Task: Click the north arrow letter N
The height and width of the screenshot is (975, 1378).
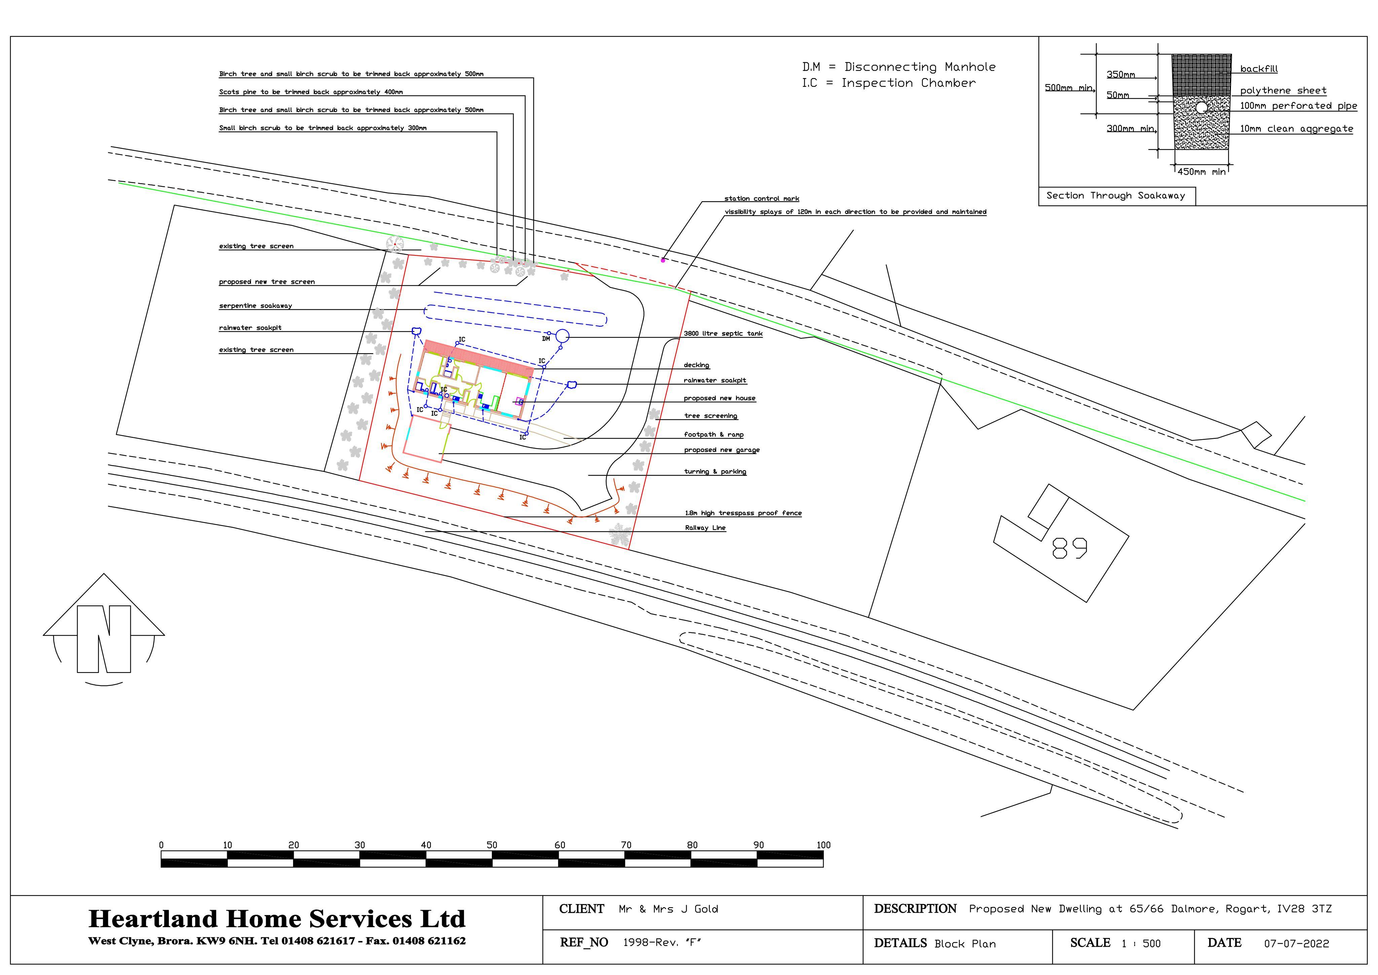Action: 104,639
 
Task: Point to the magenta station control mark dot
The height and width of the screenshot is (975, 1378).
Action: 663,260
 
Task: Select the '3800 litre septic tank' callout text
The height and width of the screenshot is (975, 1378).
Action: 723,334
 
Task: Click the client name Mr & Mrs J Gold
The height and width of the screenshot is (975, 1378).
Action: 668,909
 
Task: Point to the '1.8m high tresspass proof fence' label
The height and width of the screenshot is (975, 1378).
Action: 744,513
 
